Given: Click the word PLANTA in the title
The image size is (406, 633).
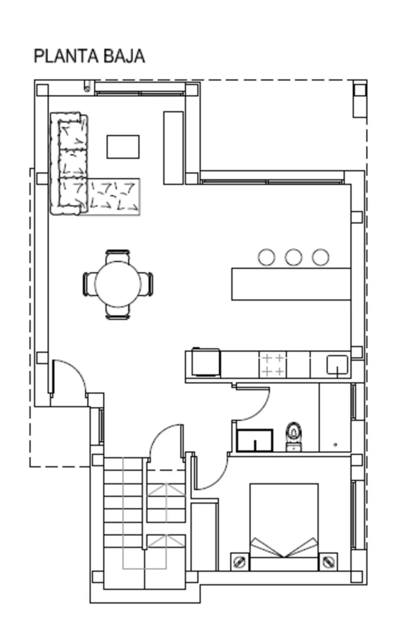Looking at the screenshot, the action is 67,56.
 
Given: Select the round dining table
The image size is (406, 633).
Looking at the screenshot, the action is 118,284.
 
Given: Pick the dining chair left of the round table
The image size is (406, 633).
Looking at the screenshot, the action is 90,284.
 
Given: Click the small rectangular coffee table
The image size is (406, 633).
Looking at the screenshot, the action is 123,147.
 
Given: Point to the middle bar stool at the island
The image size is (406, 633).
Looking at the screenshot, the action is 294,257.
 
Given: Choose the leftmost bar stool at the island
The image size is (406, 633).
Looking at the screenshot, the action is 267,257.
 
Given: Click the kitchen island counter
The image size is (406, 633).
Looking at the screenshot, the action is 291,284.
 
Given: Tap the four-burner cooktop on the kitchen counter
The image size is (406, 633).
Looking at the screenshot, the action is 272,365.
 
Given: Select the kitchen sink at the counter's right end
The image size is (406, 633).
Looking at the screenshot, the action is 337,365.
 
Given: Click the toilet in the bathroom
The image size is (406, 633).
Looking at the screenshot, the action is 294,437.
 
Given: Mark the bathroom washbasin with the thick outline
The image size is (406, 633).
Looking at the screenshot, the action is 255,440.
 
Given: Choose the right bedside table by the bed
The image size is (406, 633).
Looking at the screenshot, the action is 328,561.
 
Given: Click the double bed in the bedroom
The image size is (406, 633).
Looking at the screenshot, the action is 284,527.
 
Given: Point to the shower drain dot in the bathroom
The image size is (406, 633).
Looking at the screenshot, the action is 335,444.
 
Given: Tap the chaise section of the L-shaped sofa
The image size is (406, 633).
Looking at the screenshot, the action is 114,196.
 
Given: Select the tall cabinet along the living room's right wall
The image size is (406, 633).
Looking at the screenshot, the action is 173,148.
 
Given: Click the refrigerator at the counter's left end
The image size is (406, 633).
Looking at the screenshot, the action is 206,362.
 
